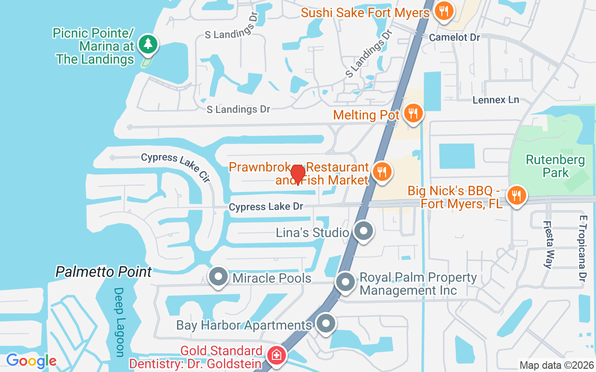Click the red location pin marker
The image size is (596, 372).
[298, 174]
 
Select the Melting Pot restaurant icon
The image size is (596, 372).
[412, 113]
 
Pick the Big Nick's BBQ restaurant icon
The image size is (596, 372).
[516, 196]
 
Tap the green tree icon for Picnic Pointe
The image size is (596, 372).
[148, 45]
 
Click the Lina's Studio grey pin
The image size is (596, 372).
[363, 231]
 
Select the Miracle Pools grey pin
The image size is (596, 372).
[218, 277]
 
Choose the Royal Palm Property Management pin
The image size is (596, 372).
[345, 282]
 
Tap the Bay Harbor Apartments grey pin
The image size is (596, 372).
[326, 324]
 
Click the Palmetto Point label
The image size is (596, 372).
[104, 272]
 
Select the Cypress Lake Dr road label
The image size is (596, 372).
[266, 206]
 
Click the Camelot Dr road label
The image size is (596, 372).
[454, 37]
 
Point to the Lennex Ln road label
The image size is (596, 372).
[495, 100]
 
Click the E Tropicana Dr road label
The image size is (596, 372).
[582, 248]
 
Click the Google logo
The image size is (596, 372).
[31, 360]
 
